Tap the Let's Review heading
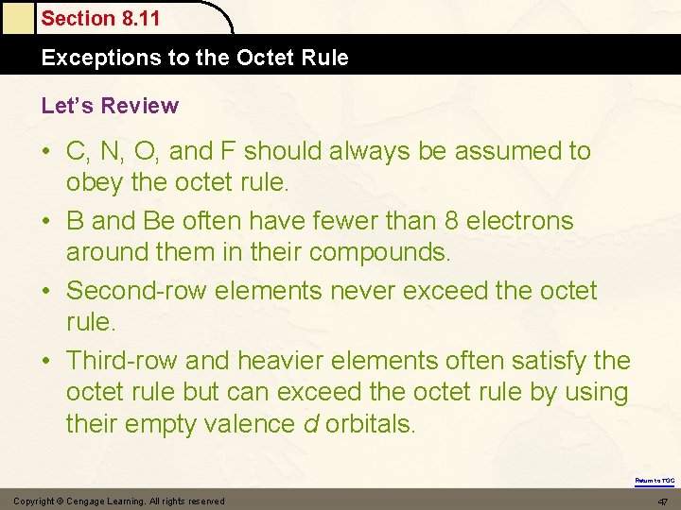click(110, 105)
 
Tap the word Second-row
click(137, 290)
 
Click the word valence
click(248, 424)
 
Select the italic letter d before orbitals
click(310, 424)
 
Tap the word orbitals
click(370, 424)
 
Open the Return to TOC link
click(655, 481)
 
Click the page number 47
click(662, 501)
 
